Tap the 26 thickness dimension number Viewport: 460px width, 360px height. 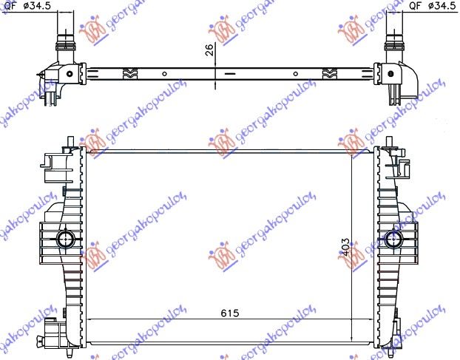209,50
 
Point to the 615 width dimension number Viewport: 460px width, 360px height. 231,313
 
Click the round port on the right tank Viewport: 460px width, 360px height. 393,239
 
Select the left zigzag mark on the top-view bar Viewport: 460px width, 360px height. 128,73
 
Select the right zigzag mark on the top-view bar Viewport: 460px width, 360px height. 330,73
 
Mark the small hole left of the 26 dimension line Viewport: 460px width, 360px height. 161,73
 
